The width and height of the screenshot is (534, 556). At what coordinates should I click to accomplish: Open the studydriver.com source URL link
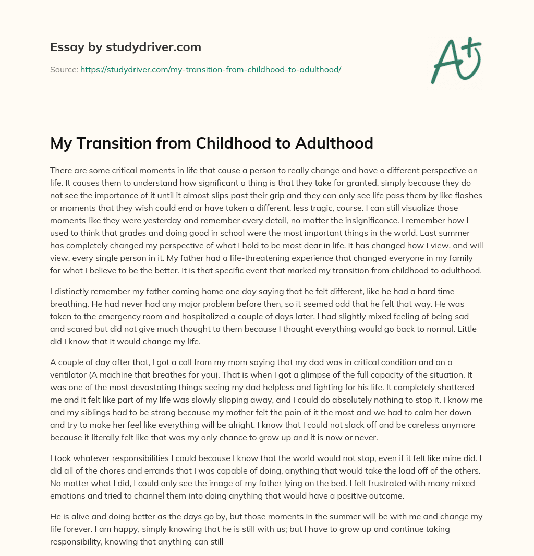click(211, 69)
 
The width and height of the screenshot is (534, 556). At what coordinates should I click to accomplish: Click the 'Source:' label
click(64, 69)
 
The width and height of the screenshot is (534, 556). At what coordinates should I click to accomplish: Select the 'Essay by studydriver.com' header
click(125, 47)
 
